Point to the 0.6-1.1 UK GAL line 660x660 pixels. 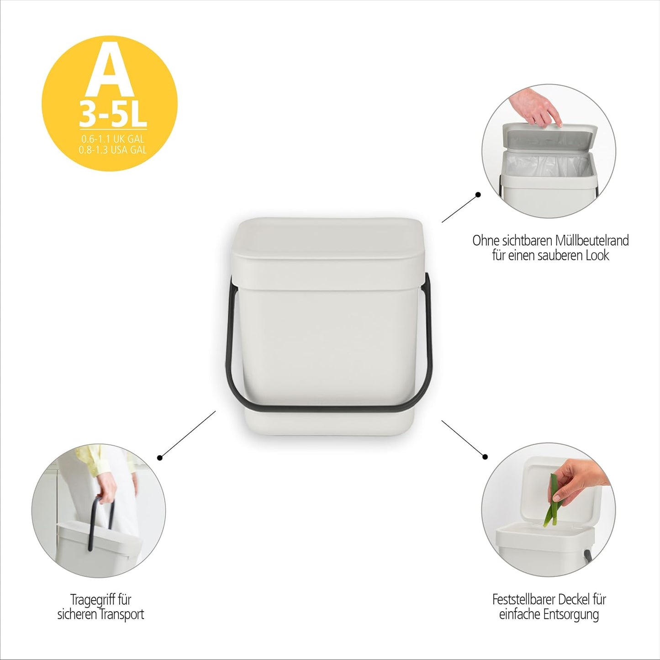(x=113, y=139)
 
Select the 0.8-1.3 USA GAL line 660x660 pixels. (x=113, y=150)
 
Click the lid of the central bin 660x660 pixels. (x=328, y=253)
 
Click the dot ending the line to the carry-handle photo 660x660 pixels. (x=159, y=458)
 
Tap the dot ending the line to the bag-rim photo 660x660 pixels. (x=478, y=195)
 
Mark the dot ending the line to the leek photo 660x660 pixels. (x=485, y=457)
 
